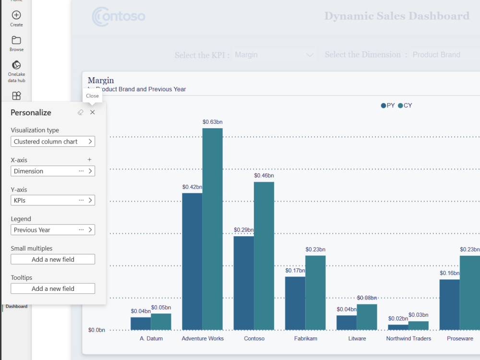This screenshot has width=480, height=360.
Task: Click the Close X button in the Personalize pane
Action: click(x=93, y=112)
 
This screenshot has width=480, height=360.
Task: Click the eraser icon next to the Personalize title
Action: click(x=80, y=112)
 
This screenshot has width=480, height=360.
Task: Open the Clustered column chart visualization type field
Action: click(x=53, y=142)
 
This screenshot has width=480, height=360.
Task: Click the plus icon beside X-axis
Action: click(x=89, y=159)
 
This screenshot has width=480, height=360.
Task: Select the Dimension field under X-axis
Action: click(x=46, y=171)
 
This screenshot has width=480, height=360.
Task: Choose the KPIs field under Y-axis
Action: click(x=46, y=200)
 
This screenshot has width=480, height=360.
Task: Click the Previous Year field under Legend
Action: click(x=46, y=230)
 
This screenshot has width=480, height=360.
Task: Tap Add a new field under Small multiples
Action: click(x=53, y=259)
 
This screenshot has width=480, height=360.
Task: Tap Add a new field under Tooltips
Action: click(x=53, y=288)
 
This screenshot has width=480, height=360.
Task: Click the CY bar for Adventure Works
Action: click(x=212, y=230)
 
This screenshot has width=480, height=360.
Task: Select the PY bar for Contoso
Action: click(x=244, y=283)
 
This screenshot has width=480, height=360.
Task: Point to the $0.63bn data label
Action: click(x=212, y=122)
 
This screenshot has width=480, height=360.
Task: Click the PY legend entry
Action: click(x=388, y=106)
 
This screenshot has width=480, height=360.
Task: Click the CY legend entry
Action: click(x=405, y=106)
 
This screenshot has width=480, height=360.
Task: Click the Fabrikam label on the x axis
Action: click(x=305, y=338)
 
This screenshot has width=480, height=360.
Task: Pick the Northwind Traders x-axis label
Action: click(x=408, y=338)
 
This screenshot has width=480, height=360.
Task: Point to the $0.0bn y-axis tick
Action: click(x=96, y=330)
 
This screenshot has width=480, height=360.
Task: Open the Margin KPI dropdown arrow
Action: click(x=310, y=55)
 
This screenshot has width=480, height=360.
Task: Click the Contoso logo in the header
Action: click(x=119, y=16)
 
